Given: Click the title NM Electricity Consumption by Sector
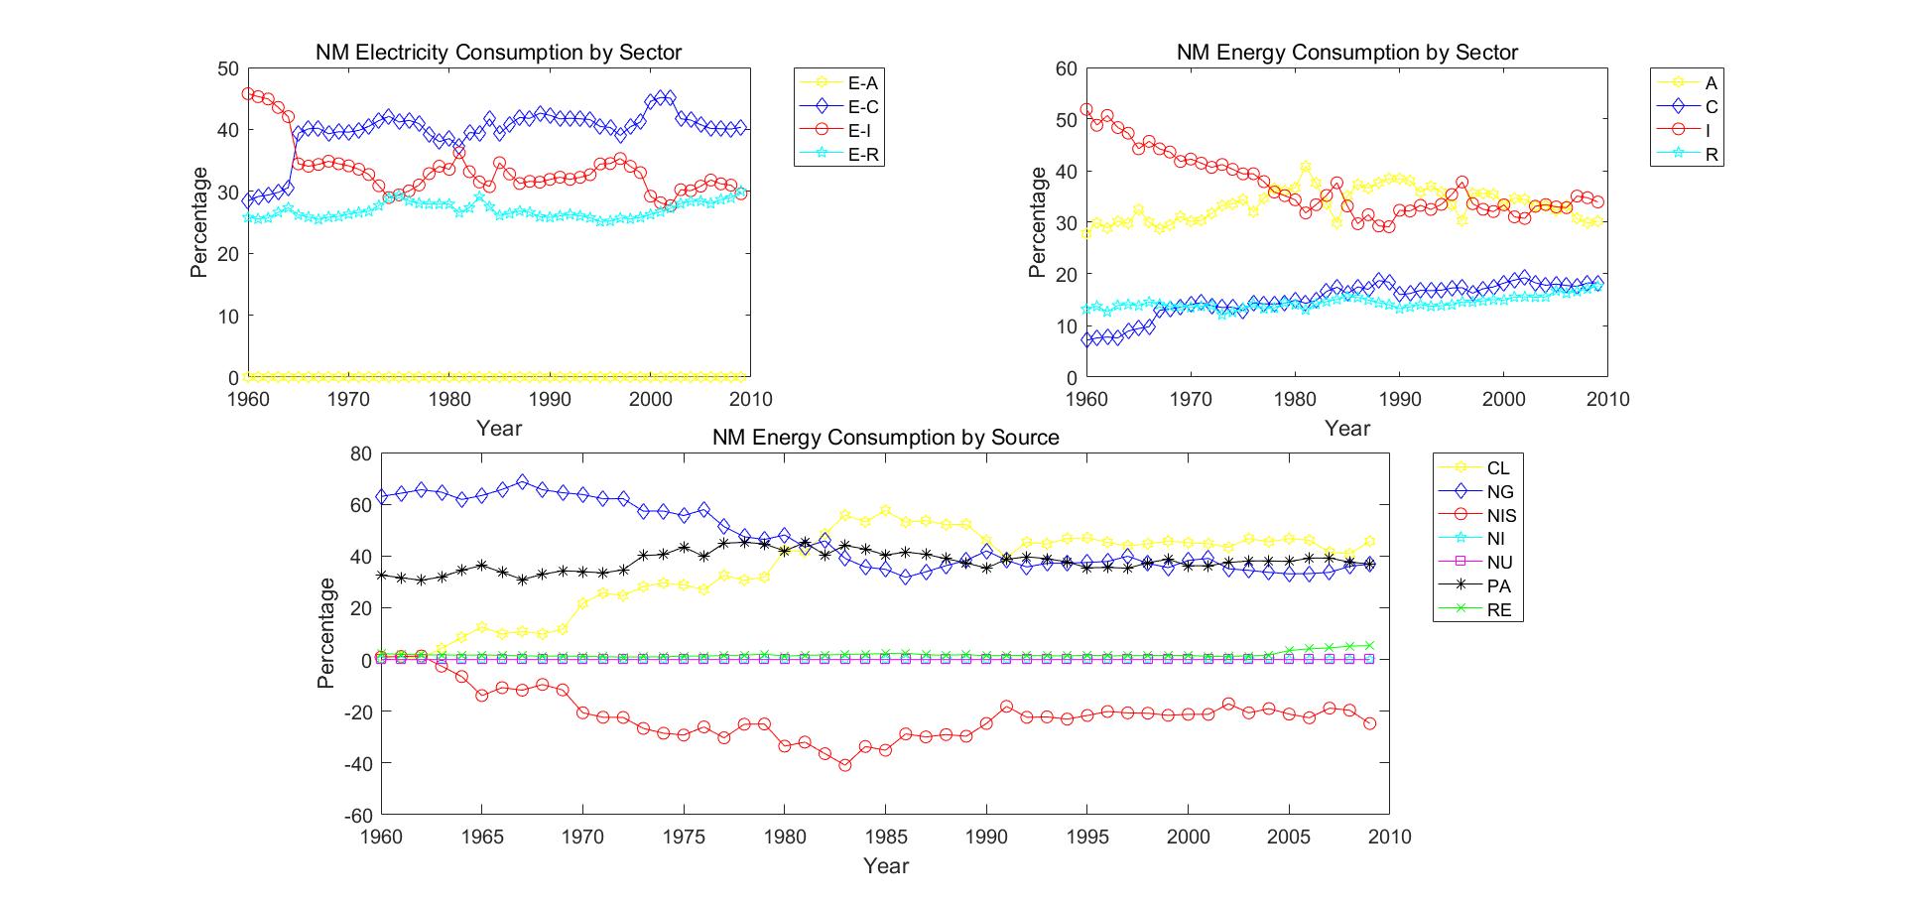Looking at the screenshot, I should (x=498, y=52).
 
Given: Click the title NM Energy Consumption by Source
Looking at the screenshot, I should (x=885, y=437).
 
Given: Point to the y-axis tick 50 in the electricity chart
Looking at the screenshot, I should (x=229, y=68).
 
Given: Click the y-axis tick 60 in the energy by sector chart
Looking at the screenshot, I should (x=1066, y=68).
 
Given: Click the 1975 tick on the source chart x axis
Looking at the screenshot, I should (x=684, y=837).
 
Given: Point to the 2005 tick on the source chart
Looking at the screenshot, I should (x=1289, y=837).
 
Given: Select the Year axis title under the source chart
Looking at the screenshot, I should (x=885, y=866).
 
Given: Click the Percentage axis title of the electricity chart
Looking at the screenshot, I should (x=199, y=222).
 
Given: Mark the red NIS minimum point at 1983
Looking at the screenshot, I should (x=845, y=765).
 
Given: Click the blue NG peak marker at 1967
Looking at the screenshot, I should (x=523, y=481).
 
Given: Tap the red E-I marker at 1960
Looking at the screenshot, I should (x=248, y=94).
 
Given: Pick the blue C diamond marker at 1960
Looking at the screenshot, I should (x=1087, y=339).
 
